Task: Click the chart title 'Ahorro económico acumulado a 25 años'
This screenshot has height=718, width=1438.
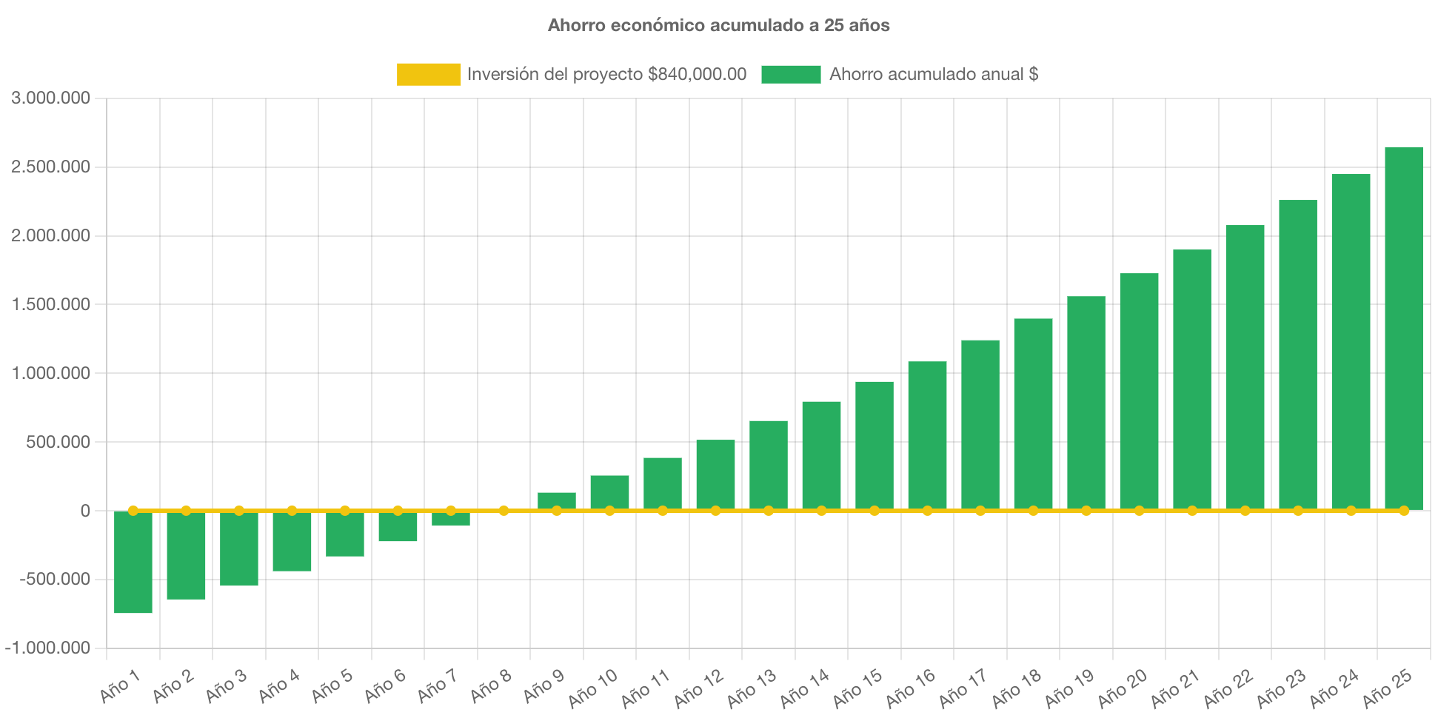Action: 718,25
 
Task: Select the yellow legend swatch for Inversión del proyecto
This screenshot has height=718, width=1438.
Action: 428,74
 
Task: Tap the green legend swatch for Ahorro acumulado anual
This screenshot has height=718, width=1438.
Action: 791,74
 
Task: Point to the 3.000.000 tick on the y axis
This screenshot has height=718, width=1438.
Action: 50,98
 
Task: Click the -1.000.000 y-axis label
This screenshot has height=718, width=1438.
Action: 48,648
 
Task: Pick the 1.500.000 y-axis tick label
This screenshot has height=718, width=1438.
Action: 50,304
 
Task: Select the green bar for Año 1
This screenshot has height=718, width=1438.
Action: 133,563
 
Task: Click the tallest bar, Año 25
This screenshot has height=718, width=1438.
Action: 1403,326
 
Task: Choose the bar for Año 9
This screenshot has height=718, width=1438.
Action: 557,500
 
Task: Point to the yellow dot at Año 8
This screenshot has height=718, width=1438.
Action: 504,511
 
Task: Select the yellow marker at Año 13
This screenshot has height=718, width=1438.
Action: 769,511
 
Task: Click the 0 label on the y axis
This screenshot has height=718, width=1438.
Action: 85,511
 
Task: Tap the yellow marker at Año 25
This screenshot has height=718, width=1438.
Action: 1403,511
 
